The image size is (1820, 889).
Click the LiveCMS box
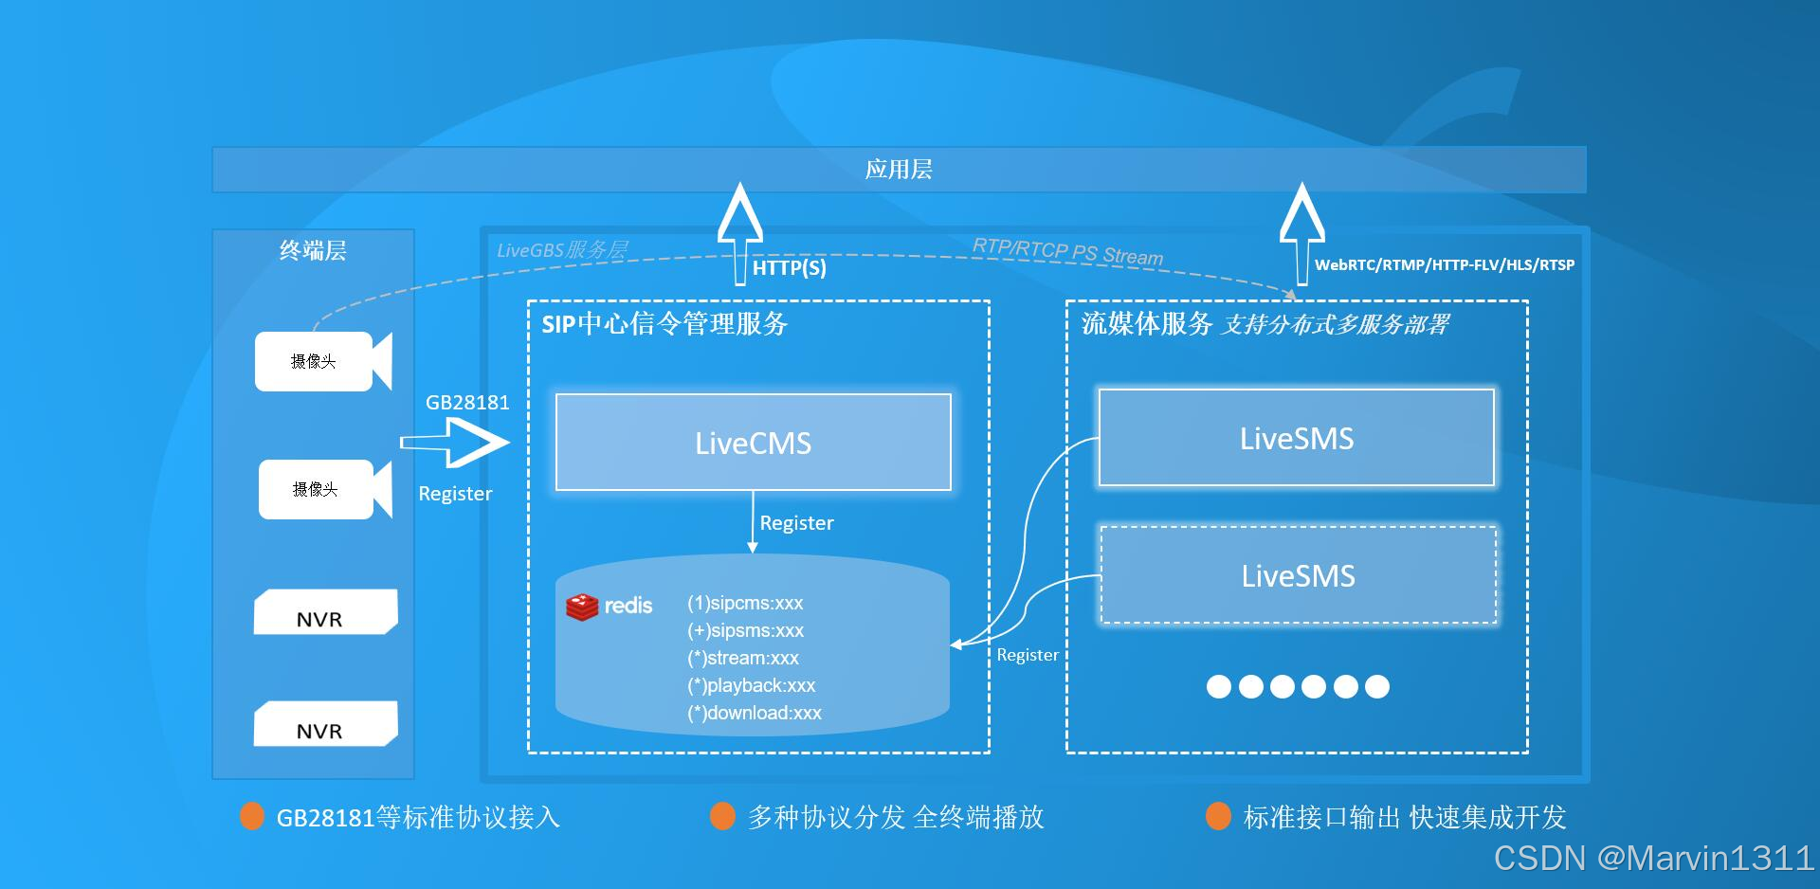[753, 443]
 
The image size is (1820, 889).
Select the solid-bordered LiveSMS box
[1296, 438]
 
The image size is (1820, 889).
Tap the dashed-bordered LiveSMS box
[1298, 575]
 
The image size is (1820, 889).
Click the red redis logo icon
[582, 607]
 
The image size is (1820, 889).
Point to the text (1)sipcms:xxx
[745, 603]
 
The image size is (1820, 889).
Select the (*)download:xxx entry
[755, 713]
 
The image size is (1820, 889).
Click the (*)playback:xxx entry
[751, 685]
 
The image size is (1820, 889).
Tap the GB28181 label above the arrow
[467, 402]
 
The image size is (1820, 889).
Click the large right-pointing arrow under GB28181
[458, 443]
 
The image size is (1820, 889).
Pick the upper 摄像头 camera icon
[322, 361]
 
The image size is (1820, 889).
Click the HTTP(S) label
[789, 268]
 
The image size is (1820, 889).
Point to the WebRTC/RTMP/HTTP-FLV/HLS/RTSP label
[1444, 265]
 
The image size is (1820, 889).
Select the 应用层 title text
[898, 170]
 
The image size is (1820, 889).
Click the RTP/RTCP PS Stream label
[1067, 252]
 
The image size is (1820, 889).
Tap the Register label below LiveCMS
[796, 523]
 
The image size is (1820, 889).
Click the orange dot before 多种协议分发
[722, 816]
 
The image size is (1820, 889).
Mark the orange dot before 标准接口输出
[1218, 816]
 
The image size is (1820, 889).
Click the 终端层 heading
[313, 251]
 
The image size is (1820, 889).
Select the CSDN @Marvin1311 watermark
[1653, 858]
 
